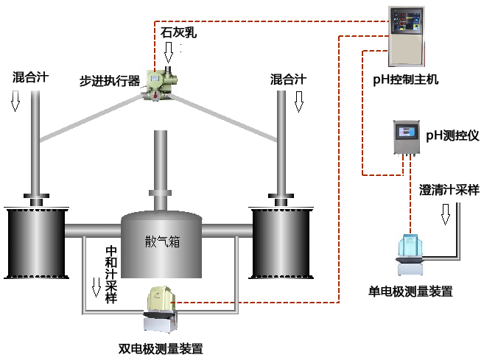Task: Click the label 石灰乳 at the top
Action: click(179, 32)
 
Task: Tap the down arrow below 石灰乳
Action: click(169, 52)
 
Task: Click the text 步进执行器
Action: click(110, 80)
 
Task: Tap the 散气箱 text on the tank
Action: click(161, 241)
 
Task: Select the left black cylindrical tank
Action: click(34, 241)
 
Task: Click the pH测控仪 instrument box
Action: click(406, 139)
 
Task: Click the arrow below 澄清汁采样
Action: click(445, 213)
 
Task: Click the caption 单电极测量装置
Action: click(410, 292)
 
